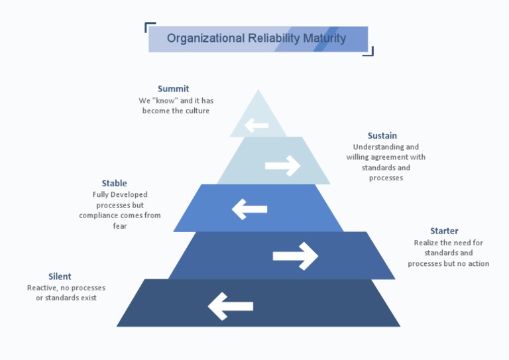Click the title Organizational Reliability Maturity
point(256,38)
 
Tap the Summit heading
point(173,89)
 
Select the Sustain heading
point(382,136)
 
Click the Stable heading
point(114,184)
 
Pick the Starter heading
point(444,231)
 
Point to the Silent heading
point(60,276)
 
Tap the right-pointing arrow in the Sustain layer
point(282,165)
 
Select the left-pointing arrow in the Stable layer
point(249,210)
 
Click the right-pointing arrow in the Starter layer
point(295,256)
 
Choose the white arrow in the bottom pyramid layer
point(231,306)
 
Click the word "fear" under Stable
point(119,226)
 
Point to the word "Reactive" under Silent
point(42,288)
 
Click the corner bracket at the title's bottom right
point(370,52)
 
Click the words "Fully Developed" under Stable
point(120,195)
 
